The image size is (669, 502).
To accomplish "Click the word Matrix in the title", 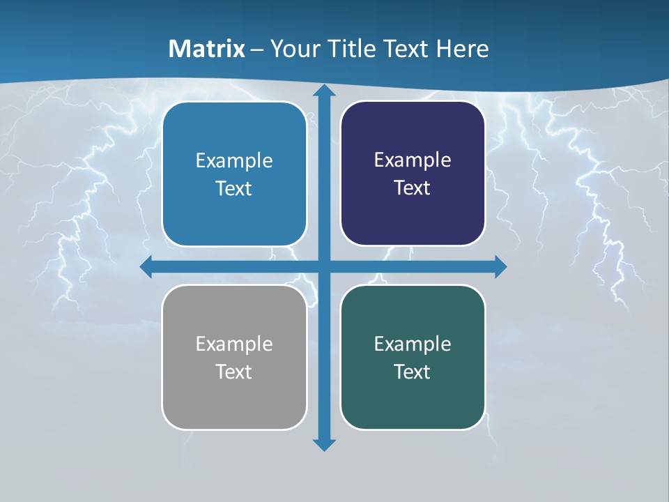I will click(x=206, y=49).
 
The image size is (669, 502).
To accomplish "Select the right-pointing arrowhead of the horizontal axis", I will click(x=500, y=266).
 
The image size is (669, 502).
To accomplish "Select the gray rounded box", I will click(x=234, y=397).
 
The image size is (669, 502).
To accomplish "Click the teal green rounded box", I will click(x=413, y=397).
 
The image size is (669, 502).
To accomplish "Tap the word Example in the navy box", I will click(x=413, y=160).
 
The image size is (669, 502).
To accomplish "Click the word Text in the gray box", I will click(x=234, y=372).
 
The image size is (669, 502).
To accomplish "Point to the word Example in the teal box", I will click(x=413, y=344).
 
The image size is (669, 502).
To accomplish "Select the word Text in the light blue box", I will click(x=234, y=188).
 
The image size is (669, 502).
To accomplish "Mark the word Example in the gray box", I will click(x=234, y=344).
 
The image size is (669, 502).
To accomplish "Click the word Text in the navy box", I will click(x=413, y=188).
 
